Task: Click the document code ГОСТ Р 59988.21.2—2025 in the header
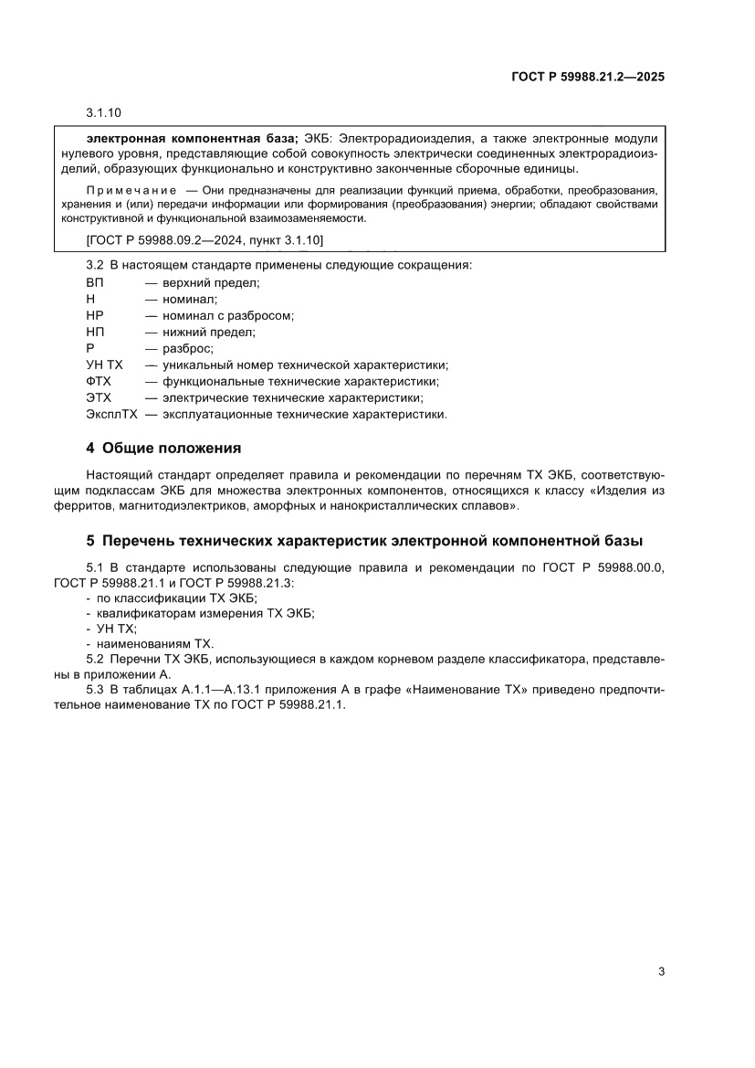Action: [587, 78]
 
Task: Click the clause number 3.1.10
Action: [103, 113]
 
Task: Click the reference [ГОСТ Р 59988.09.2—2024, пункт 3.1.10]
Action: [204, 239]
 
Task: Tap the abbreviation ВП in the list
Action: [95, 282]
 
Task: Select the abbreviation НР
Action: [95, 315]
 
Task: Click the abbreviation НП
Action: [95, 332]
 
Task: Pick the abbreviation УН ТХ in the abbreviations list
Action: [104, 365]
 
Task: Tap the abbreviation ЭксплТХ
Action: [111, 414]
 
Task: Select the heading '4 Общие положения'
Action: [163, 448]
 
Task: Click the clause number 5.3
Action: [96, 690]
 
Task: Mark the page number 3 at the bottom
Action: [660, 971]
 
